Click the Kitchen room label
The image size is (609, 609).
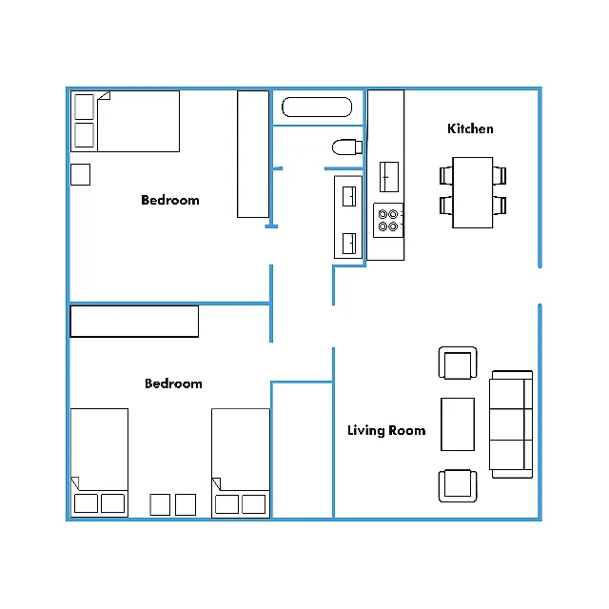(470, 128)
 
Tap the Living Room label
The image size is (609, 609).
(386, 430)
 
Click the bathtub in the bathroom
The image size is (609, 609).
(317, 107)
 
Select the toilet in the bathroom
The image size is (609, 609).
(347, 147)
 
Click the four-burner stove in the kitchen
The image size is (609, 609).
(388, 220)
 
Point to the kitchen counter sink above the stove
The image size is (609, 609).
(389, 177)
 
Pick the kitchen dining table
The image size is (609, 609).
(473, 192)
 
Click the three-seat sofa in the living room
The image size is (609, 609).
(511, 424)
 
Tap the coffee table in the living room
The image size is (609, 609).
(458, 424)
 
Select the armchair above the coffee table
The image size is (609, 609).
(458, 363)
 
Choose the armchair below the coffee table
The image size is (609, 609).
(458, 486)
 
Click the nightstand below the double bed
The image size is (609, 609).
(80, 174)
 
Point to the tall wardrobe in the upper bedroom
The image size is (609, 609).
(253, 154)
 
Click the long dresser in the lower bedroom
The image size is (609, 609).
(134, 322)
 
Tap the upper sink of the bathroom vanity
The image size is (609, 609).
(349, 196)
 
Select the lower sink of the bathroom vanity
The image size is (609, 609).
(349, 244)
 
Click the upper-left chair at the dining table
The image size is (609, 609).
(446, 175)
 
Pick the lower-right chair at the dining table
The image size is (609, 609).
(500, 206)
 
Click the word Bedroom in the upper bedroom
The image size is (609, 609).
(170, 200)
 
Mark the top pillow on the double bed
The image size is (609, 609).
(85, 107)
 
